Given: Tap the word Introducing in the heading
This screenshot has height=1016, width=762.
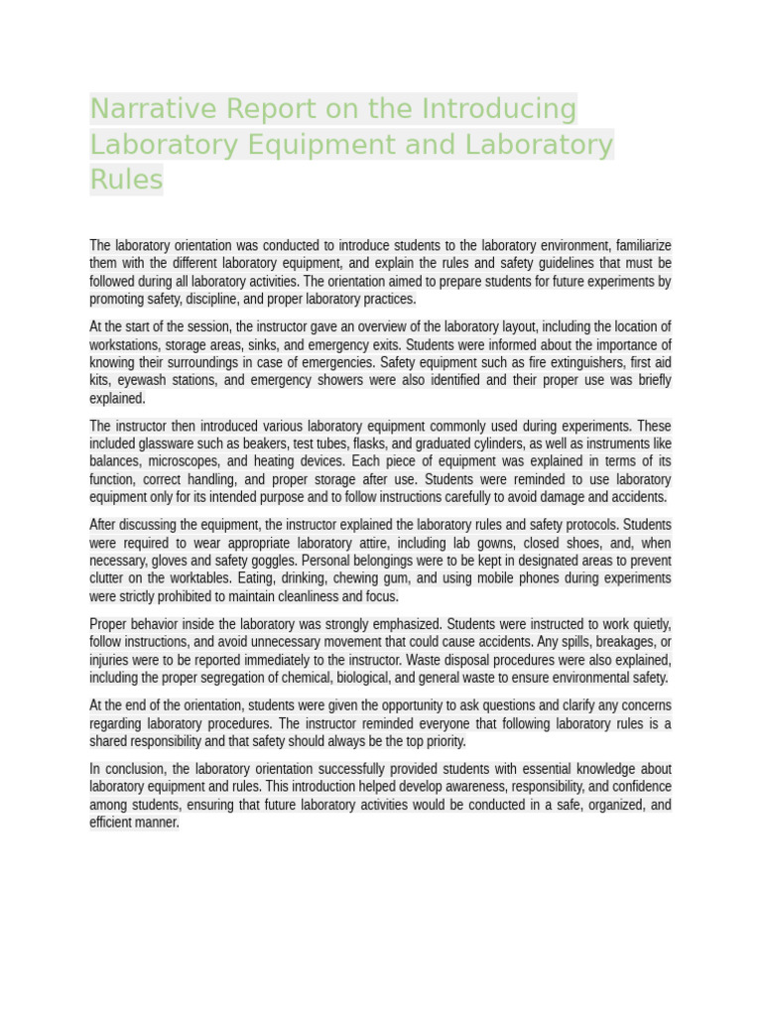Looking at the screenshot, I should [499, 108].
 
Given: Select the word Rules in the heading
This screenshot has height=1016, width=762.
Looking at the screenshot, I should [126, 180].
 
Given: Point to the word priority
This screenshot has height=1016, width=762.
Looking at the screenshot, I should [437, 741].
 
